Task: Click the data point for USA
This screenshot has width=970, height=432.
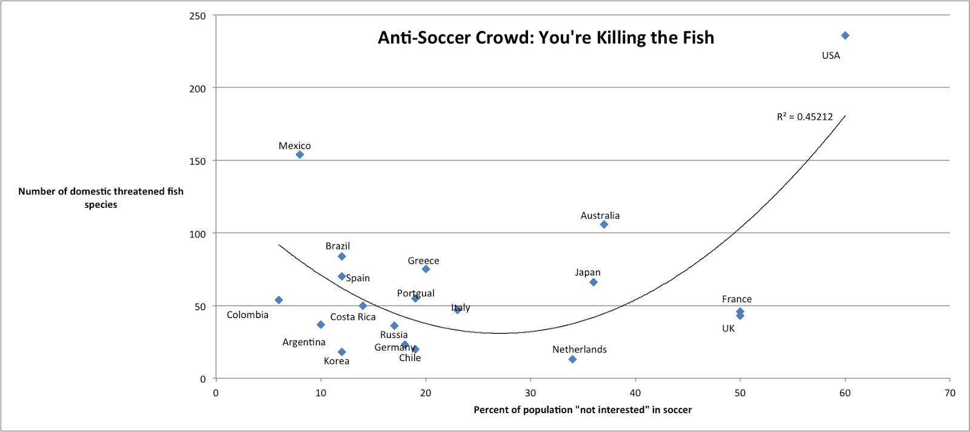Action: pyautogui.click(x=845, y=36)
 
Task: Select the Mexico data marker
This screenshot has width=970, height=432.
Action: pyautogui.click(x=299, y=155)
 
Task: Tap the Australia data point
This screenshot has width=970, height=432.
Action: pyautogui.click(x=604, y=224)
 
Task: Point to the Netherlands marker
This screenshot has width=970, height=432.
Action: pyautogui.click(x=572, y=359)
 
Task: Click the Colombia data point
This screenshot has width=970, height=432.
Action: pyautogui.click(x=279, y=300)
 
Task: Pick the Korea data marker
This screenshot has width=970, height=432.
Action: pyautogui.click(x=342, y=352)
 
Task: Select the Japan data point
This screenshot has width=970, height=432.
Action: pyautogui.click(x=594, y=282)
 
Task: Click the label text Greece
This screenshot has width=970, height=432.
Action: pyautogui.click(x=423, y=261)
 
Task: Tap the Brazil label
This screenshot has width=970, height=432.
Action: pyautogui.click(x=338, y=246)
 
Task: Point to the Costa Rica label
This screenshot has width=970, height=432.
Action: pyautogui.click(x=353, y=317)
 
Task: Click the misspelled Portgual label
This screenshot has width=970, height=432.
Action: pyautogui.click(x=416, y=293)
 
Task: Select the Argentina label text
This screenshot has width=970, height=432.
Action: pyautogui.click(x=304, y=342)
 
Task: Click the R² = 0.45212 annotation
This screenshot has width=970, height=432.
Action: pyautogui.click(x=804, y=117)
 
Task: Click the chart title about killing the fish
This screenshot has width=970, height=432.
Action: pyautogui.click(x=546, y=38)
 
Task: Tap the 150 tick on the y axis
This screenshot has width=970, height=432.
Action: pyautogui.click(x=198, y=161)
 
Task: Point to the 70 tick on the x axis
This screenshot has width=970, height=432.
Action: pyautogui.click(x=949, y=393)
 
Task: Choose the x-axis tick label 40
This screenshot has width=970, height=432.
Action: pyautogui.click(x=635, y=393)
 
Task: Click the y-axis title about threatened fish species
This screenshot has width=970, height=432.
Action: pyautogui.click(x=101, y=198)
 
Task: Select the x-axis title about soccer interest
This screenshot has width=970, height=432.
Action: pyautogui.click(x=582, y=410)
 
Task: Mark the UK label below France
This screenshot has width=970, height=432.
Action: pyautogui.click(x=728, y=328)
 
